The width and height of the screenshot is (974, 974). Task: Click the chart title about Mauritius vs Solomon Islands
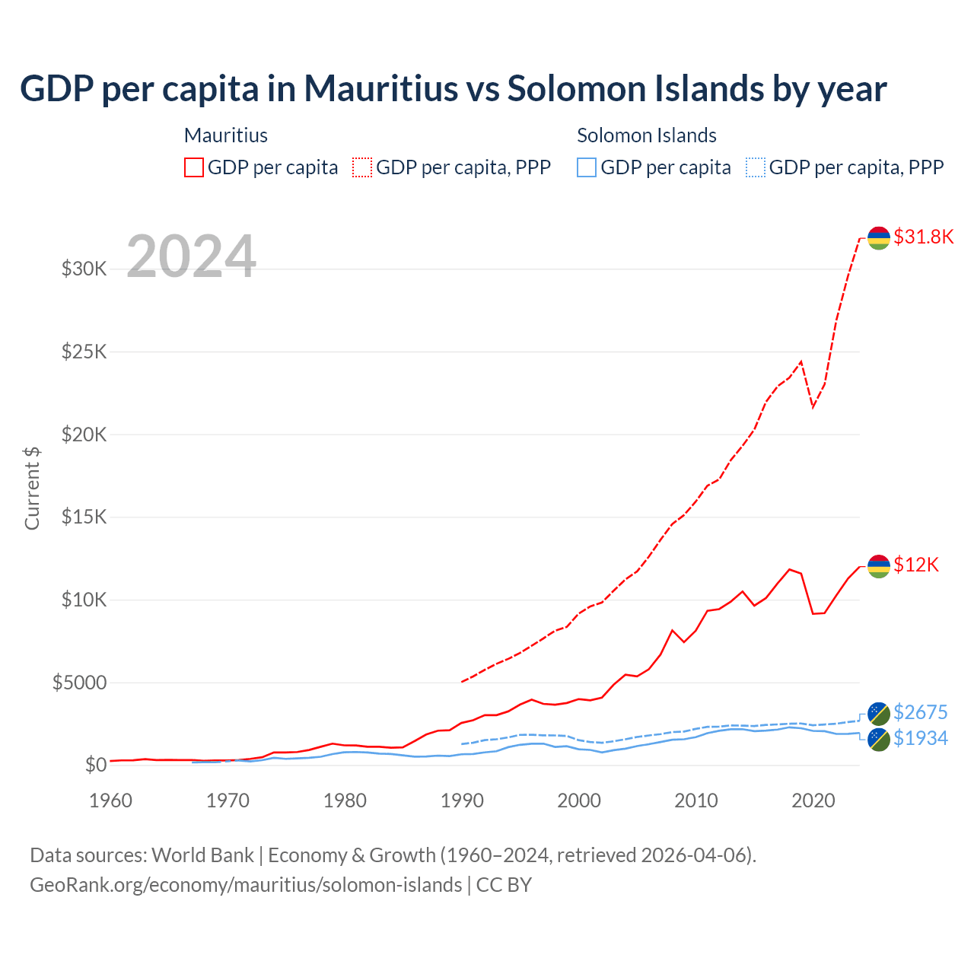pyautogui.click(x=453, y=88)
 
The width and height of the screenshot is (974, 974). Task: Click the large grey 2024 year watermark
pyautogui.click(x=191, y=256)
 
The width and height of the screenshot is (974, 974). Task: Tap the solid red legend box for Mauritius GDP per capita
pyautogui.click(x=194, y=167)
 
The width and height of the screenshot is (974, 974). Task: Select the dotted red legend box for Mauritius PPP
pyautogui.click(x=362, y=167)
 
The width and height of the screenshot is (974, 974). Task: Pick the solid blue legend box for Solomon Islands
pyautogui.click(x=587, y=167)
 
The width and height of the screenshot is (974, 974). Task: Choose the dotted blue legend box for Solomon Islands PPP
pyautogui.click(x=756, y=167)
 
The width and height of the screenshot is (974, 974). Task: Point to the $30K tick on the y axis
pyautogui.click(x=84, y=269)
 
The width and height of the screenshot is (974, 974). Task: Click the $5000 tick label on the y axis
pyautogui.click(x=79, y=683)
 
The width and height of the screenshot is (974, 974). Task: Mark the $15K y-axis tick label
pyautogui.click(x=84, y=517)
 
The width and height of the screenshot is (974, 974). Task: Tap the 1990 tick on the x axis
pyautogui.click(x=462, y=801)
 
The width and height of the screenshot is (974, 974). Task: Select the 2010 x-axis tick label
pyautogui.click(x=696, y=801)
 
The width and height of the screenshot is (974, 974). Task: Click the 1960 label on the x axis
pyautogui.click(x=111, y=801)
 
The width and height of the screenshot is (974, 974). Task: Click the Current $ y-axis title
pyautogui.click(x=32, y=489)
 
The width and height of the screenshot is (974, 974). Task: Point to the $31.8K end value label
pyautogui.click(x=923, y=237)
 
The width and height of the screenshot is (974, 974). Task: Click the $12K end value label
pyautogui.click(x=916, y=565)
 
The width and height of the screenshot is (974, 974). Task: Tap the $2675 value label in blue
pyautogui.click(x=920, y=712)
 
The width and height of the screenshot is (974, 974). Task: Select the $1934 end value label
pyautogui.click(x=920, y=738)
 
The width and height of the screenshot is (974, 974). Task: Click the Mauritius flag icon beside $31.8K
pyautogui.click(x=879, y=237)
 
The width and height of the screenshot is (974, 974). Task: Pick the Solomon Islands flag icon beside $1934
pyautogui.click(x=879, y=740)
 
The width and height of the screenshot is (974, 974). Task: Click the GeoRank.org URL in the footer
pyautogui.click(x=246, y=885)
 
